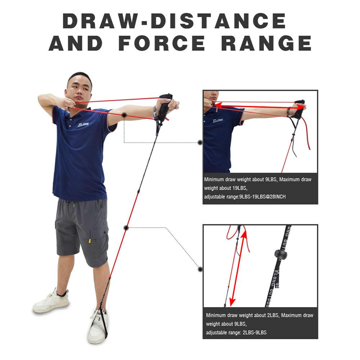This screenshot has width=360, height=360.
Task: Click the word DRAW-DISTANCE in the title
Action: tap(174, 21)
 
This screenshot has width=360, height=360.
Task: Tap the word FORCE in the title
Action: tap(162, 44)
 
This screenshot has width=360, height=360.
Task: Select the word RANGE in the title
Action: tap(266, 44)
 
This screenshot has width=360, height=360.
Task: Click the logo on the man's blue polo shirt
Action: tap(83, 125)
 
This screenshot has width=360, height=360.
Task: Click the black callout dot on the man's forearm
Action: tap(124, 115)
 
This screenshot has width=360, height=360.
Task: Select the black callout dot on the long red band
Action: tap(126, 228)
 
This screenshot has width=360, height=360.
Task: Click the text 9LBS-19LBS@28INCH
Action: tap(262, 197)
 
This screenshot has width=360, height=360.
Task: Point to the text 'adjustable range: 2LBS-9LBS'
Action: tap(236, 332)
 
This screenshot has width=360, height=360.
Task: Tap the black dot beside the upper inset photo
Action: tap(200, 143)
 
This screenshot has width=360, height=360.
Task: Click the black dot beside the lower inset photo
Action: tap(201, 269)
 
